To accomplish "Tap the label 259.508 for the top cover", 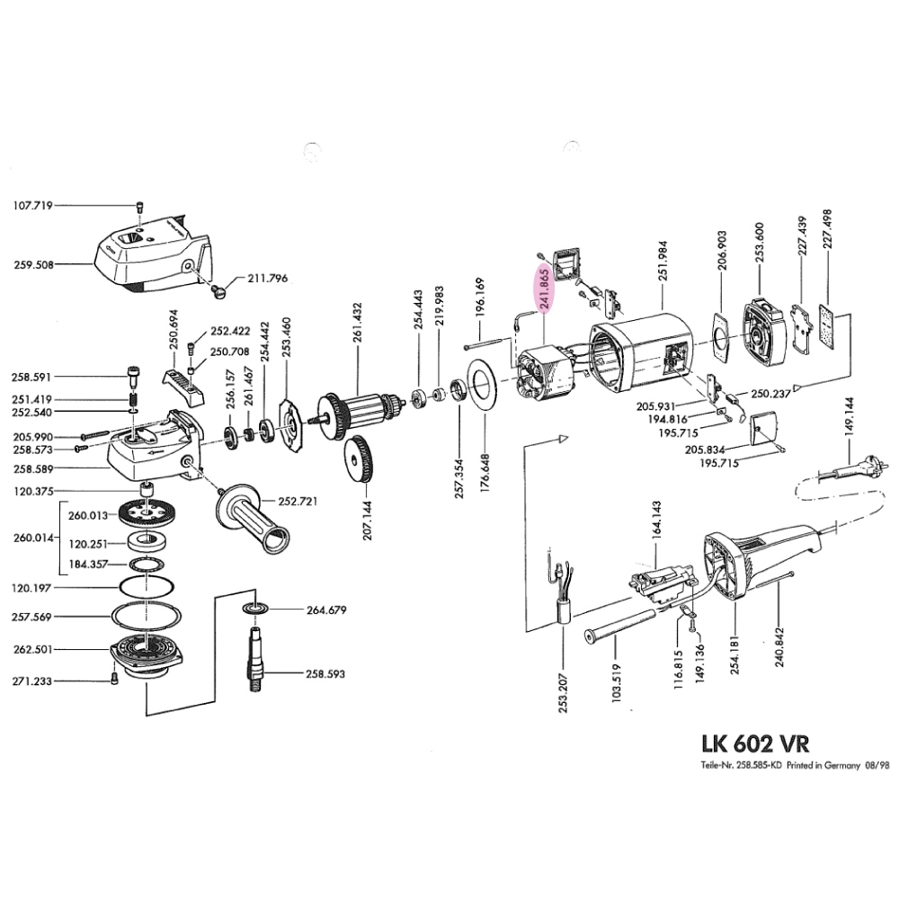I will click(x=33, y=265).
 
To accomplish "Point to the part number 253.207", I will click(x=563, y=690).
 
